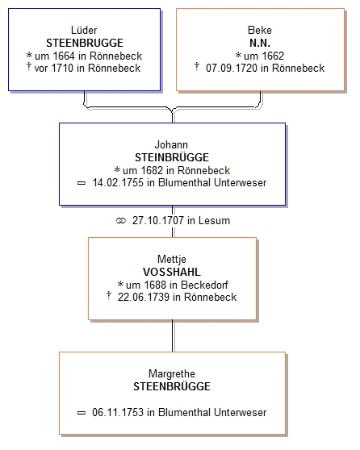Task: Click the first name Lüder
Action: click(x=84, y=30)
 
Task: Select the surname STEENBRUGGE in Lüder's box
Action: click(x=85, y=43)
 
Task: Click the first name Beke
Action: click(x=260, y=30)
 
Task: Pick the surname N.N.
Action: click(x=260, y=43)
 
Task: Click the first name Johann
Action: click(x=171, y=144)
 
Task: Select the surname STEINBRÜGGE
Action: click(x=172, y=157)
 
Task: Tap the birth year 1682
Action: click(x=152, y=170)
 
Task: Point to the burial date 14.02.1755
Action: click(x=118, y=183)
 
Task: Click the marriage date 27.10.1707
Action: click(x=158, y=221)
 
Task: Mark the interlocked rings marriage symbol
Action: click(x=121, y=221)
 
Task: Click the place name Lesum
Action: click(x=215, y=221)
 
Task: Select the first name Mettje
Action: click(x=172, y=259)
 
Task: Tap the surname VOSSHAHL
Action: click(x=172, y=272)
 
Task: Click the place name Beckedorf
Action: click(x=204, y=285)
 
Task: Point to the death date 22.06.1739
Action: click(x=144, y=297)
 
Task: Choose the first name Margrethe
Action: click(x=172, y=374)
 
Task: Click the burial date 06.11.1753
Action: click(x=118, y=412)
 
